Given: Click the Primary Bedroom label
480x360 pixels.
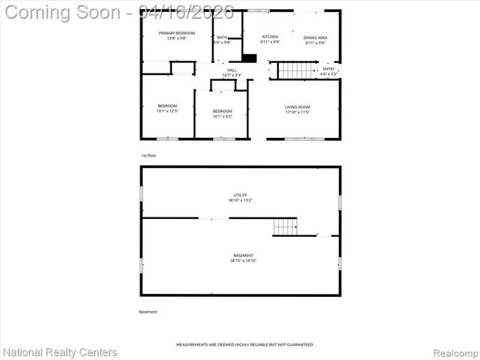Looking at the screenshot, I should pyautogui.click(x=176, y=36).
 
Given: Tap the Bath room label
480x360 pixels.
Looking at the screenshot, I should pyautogui.click(x=222, y=40).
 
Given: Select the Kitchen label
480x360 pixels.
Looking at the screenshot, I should pyautogui.click(x=270, y=39).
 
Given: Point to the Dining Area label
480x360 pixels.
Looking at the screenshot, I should pyautogui.click(x=315, y=40).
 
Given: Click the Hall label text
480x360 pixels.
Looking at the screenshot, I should pyautogui.click(x=232, y=72).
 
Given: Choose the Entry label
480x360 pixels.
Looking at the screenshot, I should pyautogui.click(x=328, y=71).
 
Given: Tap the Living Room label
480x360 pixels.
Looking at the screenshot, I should pyautogui.click(x=297, y=109).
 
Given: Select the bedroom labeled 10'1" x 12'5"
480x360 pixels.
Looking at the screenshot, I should pyautogui.click(x=167, y=108).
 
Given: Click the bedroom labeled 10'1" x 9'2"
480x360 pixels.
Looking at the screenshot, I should pyautogui.click(x=222, y=114).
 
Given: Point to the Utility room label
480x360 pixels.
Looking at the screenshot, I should pyautogui.click(x=240, y=197).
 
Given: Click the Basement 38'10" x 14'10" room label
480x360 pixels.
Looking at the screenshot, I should pyautogui.click(x=242, y=258).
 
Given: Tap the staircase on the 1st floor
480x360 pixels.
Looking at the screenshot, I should pyautogui.click(x=296, y=70).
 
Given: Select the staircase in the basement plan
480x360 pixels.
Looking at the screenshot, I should pyautogui.click(x=285, y=226).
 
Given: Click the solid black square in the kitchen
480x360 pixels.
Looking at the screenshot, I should pyautogui.click(x=250, y=58).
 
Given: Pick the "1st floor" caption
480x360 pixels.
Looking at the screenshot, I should pyautogui.click(x=148, y=155).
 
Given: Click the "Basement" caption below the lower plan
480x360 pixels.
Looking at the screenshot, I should pyautogui.click(x=148, y=312).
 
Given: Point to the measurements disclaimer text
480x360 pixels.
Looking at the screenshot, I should pyautogui.click(x=244, y=344).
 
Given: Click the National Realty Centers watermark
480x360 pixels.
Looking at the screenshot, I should pyautogui.click(x=60, y=352).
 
